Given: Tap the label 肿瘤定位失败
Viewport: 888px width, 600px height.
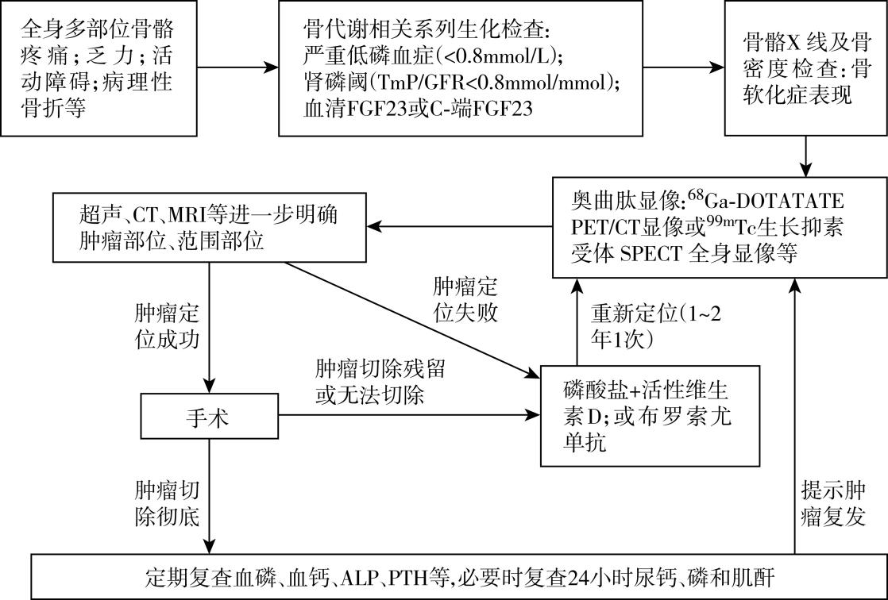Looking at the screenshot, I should pyautogui.click(x=465, y=299).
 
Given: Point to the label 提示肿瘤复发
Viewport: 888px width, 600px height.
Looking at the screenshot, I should pyautogui.click(x=837, y=502).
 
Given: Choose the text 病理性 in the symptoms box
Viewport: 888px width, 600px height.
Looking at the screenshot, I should pyautogui.click(x=152, y=81).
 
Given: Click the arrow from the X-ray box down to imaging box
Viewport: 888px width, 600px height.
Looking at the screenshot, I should pyautogui.click(x=807, y=155).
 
